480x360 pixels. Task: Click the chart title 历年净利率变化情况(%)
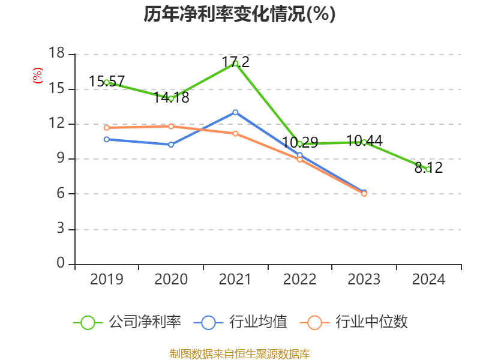[239, 14]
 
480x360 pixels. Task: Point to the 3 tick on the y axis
[61, 229]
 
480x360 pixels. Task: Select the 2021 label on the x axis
[235, 279]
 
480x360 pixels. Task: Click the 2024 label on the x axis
[428, 279]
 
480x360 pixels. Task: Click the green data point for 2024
[428, 169]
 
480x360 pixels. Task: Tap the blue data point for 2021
[235, 112]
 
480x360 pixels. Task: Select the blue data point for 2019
[107, 139]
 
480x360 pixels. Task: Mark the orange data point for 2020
[171, 126]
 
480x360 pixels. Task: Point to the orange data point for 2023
[364, 194]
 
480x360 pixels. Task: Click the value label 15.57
[107, 81]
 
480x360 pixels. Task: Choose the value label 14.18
[171, 97]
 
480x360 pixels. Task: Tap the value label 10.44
[364, 141]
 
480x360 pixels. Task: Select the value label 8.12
[428, 168]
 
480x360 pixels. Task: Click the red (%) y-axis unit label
[38, 76]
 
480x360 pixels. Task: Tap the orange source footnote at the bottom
[239, 353]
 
